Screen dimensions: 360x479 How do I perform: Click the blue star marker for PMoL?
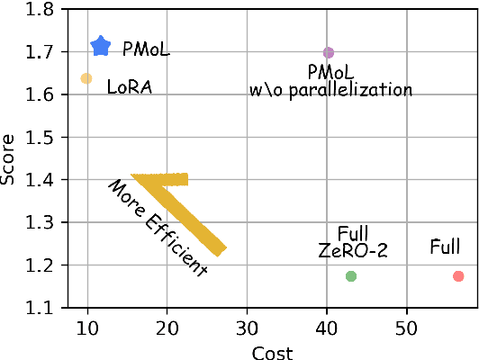(x=101, y=46)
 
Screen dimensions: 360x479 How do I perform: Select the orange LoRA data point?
(x=86, y=78)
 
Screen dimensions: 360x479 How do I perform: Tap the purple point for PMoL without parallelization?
(x=329, y=53)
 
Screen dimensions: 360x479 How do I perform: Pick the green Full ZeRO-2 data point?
(x=351, y=275)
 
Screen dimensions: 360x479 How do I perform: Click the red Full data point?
(x=458, y=276)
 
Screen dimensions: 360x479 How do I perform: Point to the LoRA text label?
(x=130, y=87)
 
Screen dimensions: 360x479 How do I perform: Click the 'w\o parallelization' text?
(x=330, y=90)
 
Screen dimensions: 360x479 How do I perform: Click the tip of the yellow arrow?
(x=133, y=175)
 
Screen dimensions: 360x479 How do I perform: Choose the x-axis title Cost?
(x=273, y=352)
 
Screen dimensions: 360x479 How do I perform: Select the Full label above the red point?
(x=446, y=245)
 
